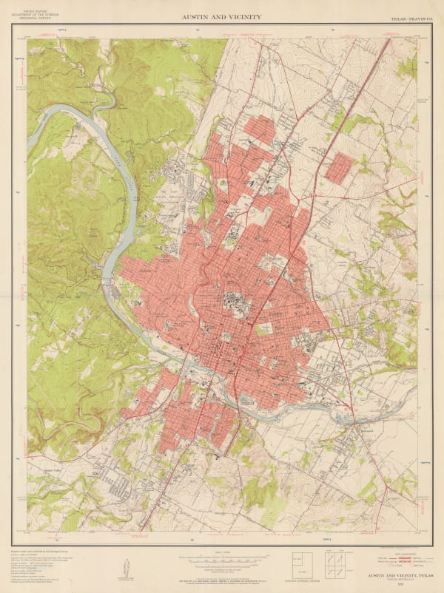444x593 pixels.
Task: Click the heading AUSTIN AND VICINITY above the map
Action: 221,16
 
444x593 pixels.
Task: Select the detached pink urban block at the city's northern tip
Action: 259,127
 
